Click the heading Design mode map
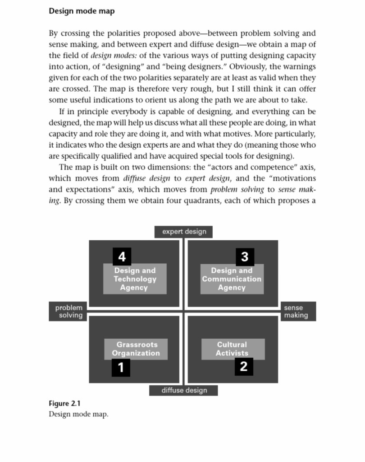click(x=82, y=11)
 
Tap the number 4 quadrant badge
click(x=122, y=257)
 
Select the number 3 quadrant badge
click(x=245, y=257)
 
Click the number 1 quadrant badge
click(x=121, y=367)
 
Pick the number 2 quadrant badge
click(x=244, y=366)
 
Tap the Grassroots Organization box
click(x=136, y=349)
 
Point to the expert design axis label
click(x=184, y=232)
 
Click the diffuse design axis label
click(x=184, y=390)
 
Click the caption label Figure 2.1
click(x=64, y=403)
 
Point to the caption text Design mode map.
click(x=78, y=414)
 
